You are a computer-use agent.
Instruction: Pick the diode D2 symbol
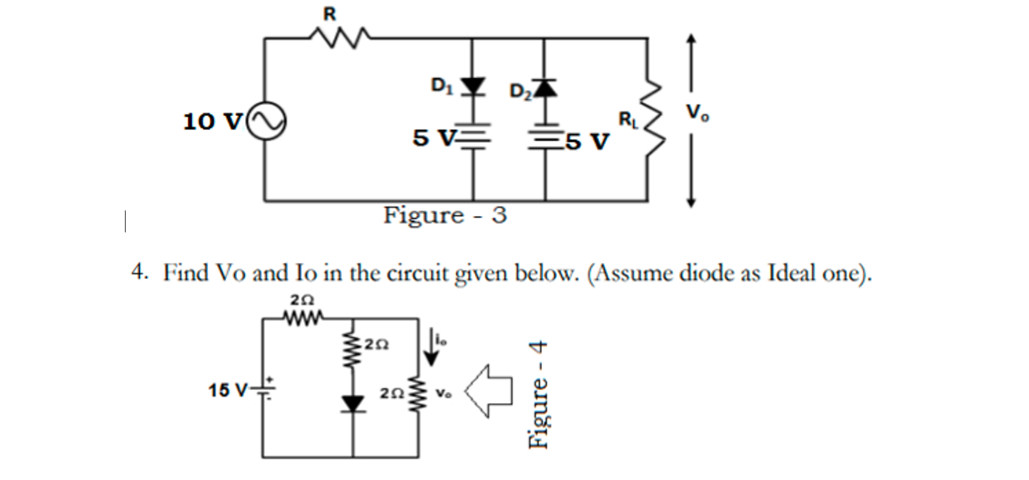545,89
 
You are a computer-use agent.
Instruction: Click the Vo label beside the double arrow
697,113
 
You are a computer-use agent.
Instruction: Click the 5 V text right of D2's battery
586,141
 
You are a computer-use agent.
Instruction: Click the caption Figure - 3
444,215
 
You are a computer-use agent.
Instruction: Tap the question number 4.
139,271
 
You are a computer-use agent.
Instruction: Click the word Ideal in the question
791,273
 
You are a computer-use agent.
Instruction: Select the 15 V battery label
227,390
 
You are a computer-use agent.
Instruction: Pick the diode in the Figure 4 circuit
353,404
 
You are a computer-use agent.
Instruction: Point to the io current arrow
432,347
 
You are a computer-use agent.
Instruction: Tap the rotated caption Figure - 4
538,395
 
